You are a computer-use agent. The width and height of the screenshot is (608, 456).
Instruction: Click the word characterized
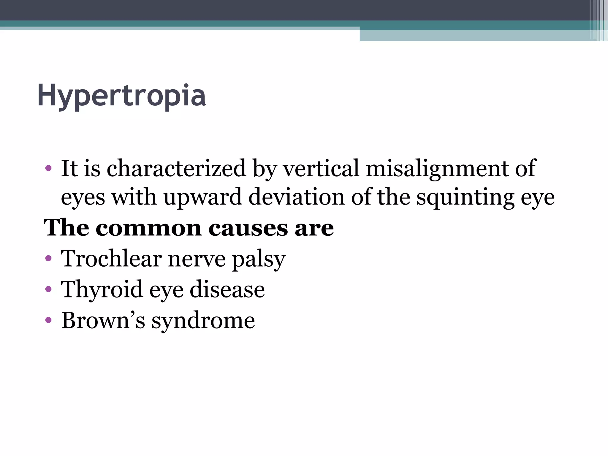[176, 168]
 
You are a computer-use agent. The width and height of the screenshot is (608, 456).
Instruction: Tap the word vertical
[321, 168]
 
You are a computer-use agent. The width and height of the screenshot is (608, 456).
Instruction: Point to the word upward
[203, 197]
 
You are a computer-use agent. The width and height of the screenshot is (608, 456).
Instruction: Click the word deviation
[296, 197]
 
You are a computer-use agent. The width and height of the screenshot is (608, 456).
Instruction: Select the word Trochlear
[111, 258]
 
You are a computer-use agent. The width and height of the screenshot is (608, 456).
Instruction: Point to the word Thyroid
[102, 289]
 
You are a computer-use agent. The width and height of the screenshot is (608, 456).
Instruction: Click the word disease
[227, 289]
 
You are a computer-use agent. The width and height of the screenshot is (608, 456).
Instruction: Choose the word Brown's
[103, 320]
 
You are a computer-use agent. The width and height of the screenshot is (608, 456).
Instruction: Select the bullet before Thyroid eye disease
[48, 290]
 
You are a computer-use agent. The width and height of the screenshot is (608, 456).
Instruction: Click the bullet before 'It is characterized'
[48, 169]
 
